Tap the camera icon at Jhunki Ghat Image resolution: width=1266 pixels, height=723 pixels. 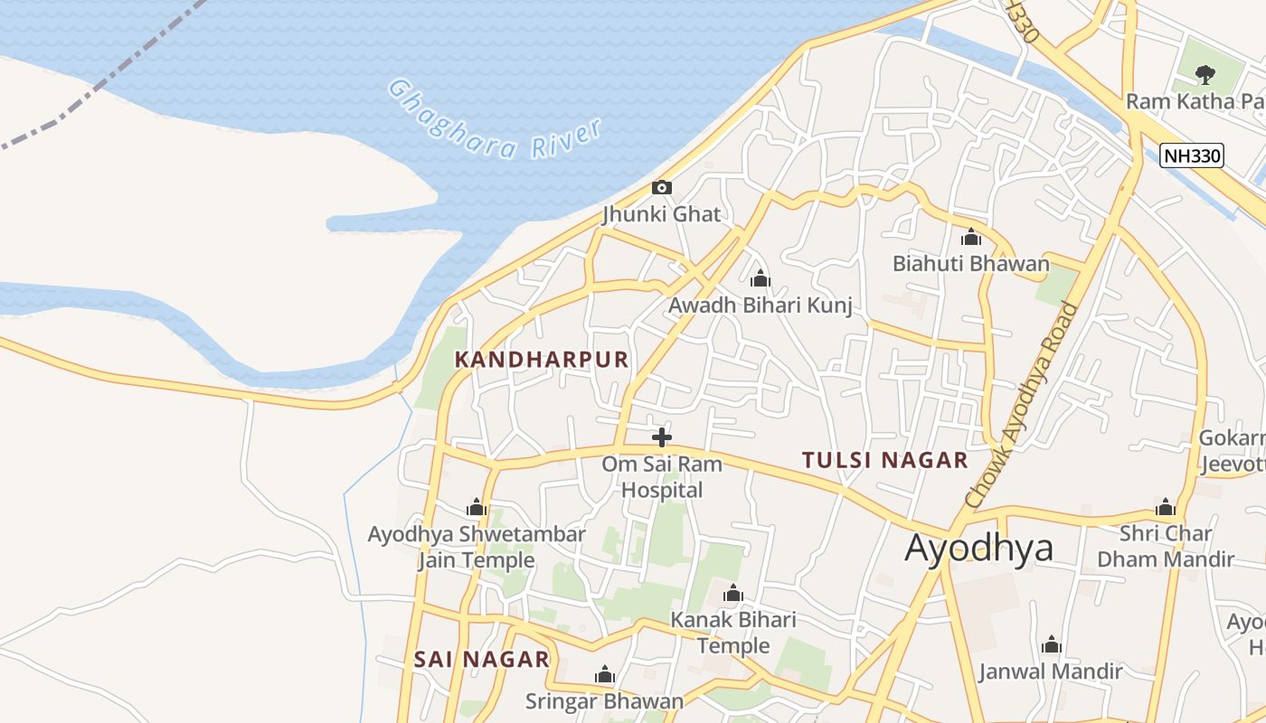662,187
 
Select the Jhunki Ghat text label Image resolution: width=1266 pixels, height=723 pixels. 662,214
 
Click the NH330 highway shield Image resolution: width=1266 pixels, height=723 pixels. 1191,155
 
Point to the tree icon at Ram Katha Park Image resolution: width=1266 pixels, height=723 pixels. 1204,74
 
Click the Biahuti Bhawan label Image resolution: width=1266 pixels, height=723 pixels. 970,264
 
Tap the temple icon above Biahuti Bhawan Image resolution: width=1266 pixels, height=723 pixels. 971,238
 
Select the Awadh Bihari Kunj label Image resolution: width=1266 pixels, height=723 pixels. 760,305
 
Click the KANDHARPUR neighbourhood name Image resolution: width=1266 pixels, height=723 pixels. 541,360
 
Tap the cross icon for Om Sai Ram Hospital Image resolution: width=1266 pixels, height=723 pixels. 662,437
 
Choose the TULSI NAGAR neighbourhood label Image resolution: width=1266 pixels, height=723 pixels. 884,460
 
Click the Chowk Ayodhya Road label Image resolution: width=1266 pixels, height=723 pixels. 1023,404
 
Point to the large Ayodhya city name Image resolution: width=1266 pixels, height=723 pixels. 978,548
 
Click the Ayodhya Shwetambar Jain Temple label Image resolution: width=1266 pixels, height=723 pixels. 477,547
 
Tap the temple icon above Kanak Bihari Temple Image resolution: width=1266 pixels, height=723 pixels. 733,594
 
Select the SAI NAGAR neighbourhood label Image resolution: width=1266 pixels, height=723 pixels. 481,660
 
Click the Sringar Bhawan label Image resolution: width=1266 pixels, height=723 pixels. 604,700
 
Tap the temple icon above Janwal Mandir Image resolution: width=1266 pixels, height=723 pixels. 1051,645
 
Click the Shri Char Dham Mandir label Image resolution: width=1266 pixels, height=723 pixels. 1165,546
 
